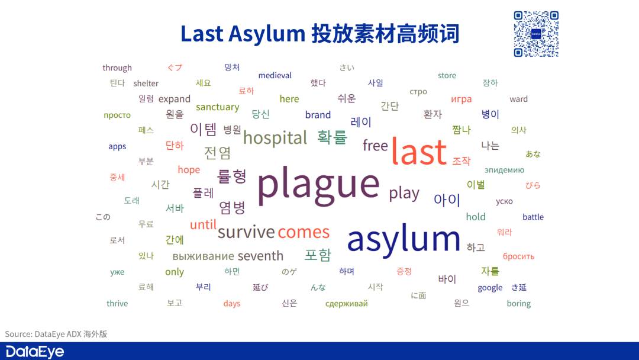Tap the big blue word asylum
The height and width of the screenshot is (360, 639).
(404, 239)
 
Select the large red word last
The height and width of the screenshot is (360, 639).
(418, 151)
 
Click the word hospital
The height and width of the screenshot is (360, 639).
(275, 138)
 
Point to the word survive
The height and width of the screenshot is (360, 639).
(246, 232)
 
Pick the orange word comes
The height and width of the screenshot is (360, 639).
(304, 232)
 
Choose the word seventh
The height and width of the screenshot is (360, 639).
(260, 256)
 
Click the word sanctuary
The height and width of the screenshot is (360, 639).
(217, 107)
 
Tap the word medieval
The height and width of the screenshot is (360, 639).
(275, 75)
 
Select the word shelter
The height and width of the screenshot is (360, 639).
(146, 83)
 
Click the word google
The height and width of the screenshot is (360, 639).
(490, 288)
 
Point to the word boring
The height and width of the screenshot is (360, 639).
(518, 304)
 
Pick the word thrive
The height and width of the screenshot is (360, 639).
(117, 304)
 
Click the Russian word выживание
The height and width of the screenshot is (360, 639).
(203, 256)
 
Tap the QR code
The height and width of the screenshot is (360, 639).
(536, 34)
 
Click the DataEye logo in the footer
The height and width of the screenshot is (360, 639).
(34, 351)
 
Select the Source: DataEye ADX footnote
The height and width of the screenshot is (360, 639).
(56, 335)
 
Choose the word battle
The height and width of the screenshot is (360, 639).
(532, 217)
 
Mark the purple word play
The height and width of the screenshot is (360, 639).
(404, 193)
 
